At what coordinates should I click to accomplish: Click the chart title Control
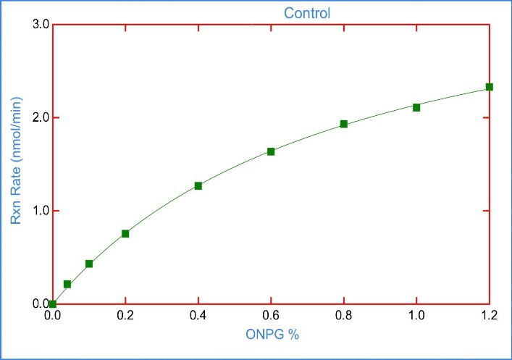point(306,13)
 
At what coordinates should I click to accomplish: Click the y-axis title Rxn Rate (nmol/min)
point(14,163)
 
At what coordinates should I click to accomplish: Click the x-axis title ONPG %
point(271,335)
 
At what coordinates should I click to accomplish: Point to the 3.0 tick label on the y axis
point(41,25)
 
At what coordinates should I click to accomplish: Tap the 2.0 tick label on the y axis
point(41,117)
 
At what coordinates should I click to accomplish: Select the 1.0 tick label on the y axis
point(41,211)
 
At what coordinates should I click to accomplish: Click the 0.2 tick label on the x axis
point(125,316)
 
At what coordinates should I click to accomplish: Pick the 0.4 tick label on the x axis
point(198,316)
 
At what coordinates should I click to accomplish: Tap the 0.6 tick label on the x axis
point(271,316)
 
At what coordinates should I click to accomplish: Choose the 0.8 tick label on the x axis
point(344,316)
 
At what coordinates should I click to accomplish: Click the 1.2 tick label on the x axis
point(490,316)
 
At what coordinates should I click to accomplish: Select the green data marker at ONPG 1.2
point(490,87)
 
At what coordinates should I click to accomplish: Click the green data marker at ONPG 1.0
point(416,107)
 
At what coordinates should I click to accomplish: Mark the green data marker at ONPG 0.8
point(344,124)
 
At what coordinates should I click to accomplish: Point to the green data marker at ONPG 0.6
point(271,151)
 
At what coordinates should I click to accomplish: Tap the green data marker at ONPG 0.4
point(198,185)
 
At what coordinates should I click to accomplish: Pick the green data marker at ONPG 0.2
point(125,233)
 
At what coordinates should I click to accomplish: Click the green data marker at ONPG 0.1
point(89,264)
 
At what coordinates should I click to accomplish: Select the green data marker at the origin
point(53,304)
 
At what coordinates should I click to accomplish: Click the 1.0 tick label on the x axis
point(416,316)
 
